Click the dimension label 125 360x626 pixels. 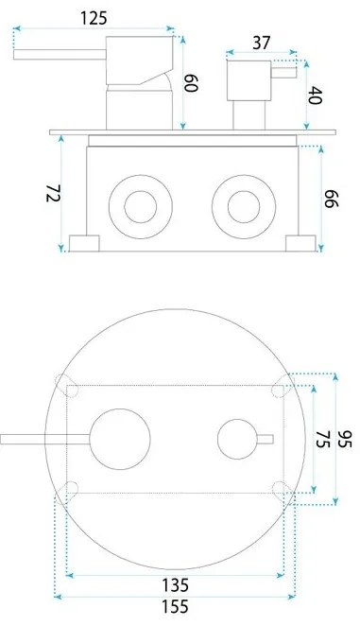pos(94,18)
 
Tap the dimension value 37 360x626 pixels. pos(262,43)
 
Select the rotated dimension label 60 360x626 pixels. pos(191,83)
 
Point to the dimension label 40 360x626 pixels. pos(315,96)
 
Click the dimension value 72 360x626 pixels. pos(54,193)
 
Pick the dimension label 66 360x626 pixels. pos(331,199)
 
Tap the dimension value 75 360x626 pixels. pos(322,439)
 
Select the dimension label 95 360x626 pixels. pos(345,439)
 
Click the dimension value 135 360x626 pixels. pos(175,585)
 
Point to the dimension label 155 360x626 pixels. pos(175,607)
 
